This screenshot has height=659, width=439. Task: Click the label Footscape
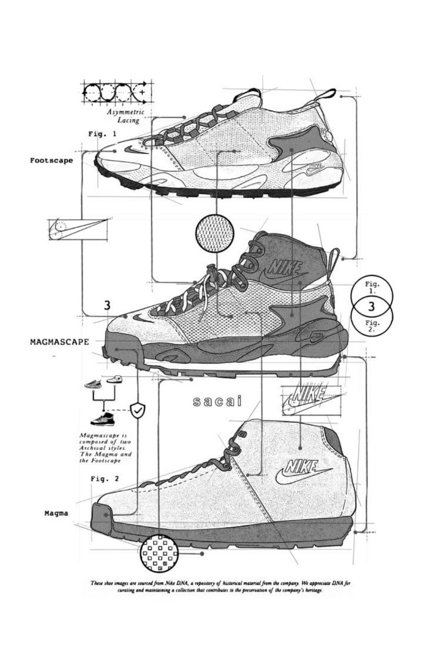tap(51, 161)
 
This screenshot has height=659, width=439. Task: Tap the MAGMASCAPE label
tap(59, 341)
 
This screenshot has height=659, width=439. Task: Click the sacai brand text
tap(218, 403)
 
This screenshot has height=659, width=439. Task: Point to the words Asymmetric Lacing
tap(126, 116)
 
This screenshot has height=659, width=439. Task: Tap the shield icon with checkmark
tap(137, 409)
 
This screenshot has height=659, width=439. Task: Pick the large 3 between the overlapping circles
tap(371, 306)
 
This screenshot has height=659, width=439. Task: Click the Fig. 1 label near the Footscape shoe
tap(102, 134)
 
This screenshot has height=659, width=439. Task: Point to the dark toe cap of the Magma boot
tap(104, 517)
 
